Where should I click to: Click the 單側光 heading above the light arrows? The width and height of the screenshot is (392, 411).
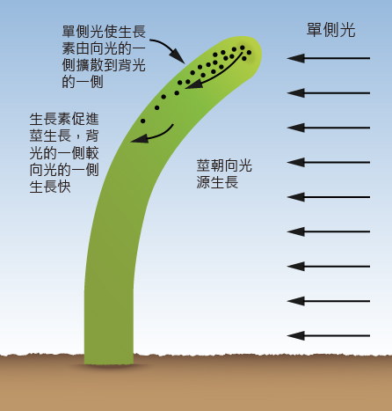point(330,30)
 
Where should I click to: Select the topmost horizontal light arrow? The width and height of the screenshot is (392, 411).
point(329,58)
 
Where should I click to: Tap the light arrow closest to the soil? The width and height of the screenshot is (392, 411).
point(329,335)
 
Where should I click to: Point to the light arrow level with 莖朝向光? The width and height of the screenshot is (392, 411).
point(329,162)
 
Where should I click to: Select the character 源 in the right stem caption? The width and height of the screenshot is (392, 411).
point(203,182)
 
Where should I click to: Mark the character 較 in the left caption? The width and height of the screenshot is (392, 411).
point(92,153)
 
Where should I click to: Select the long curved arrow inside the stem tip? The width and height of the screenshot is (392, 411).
point(215,73)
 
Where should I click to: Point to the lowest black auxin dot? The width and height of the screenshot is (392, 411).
point(142,121)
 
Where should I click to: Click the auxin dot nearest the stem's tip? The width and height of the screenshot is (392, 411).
point(249,53)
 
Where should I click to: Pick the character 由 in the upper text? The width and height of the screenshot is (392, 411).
point(83,48)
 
